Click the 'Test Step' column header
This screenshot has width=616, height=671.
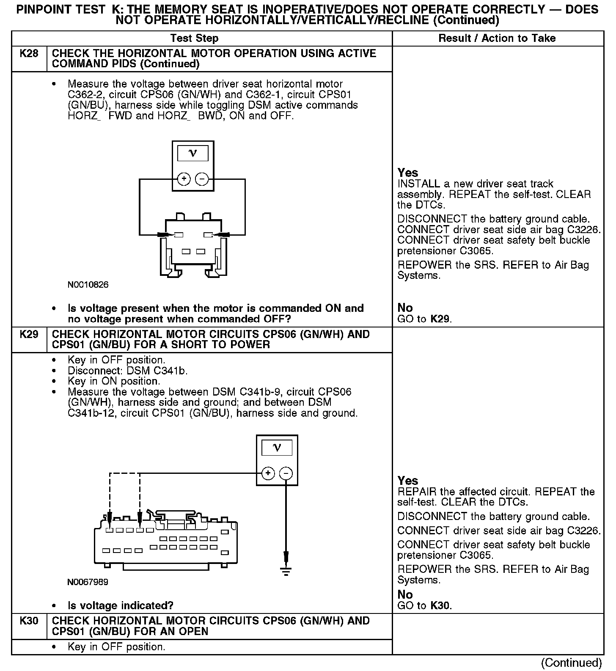pos(194,38)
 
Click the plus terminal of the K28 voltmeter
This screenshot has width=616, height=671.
pos(184,179)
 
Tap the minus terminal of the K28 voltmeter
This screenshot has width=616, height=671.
pos(202,179)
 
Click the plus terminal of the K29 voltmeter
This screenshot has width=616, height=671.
pos(268,473)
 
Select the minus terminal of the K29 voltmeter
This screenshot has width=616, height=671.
pos(286,473)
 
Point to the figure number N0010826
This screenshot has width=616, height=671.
pos(88,285)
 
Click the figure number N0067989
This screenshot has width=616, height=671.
pos(88,582)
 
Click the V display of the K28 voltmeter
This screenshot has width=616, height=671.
pos(192,153)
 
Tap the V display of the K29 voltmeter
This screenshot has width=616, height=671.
pos(277,448)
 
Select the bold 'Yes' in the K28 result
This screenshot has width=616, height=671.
pos(408,173)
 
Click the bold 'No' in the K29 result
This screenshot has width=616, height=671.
pos(405,594)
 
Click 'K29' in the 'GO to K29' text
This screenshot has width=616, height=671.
pos(440,319)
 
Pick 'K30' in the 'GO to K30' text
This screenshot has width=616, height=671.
pos(440,605)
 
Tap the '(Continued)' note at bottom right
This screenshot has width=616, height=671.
pos(571,662)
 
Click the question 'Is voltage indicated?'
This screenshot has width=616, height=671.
pos(121,606)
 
